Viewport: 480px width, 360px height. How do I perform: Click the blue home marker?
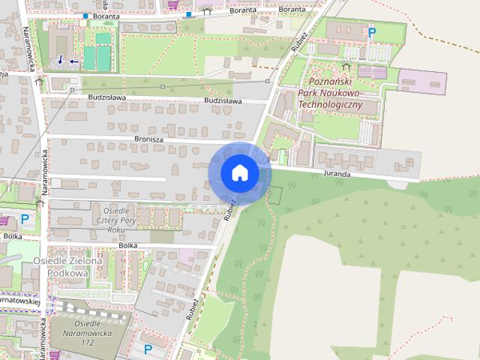click(239, 173)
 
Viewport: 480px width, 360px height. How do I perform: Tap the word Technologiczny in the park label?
click(330, 105)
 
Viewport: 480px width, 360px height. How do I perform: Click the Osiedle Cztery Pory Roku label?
click(115, 220)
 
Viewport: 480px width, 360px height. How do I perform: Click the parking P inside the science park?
click(371, 32)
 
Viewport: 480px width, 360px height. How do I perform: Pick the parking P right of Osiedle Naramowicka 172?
click(148, 349)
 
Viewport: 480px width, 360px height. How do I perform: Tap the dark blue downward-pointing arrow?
click(60, 59)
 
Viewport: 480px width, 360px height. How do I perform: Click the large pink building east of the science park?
click(421, 80)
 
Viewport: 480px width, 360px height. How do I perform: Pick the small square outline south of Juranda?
click(274, 195)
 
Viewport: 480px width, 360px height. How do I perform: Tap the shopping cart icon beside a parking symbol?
click(8, 220)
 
